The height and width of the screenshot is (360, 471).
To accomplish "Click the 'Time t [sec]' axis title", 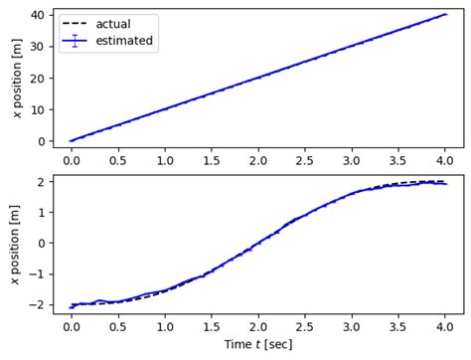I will tap(257, 344).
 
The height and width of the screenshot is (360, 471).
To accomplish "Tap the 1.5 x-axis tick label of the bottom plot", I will tap(211, 326).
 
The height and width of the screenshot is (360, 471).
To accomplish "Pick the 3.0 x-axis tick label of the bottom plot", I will tap(351, 326).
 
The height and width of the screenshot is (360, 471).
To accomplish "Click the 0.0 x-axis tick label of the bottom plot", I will tap(71, 326).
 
